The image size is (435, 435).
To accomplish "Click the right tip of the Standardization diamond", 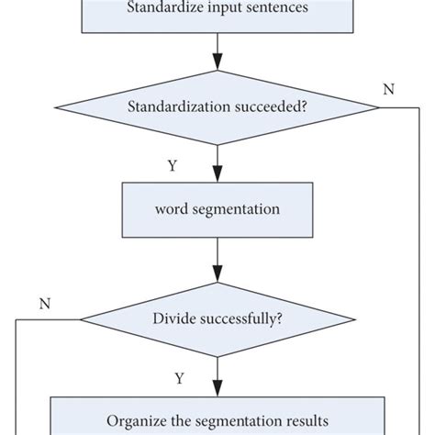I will pyautogui.click(x=377, y=107).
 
